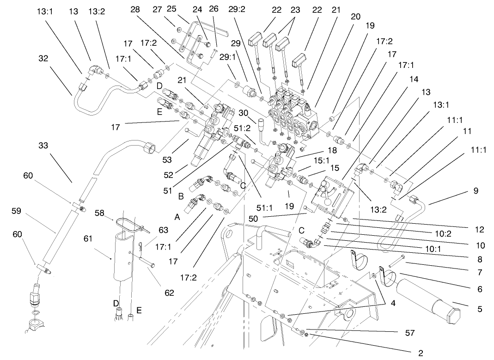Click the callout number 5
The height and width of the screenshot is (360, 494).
tap(480, 309)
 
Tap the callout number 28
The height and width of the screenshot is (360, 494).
tap(135, 9)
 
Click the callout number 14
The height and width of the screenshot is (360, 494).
tap(414, 79)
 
